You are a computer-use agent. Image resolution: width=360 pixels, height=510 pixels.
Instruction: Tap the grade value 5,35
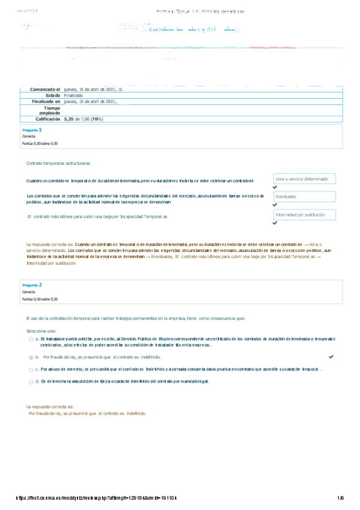pyautogui.click(x=71, y=120)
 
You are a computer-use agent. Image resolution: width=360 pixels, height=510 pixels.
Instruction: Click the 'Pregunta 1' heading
pyautogui.click(x=32, y=130)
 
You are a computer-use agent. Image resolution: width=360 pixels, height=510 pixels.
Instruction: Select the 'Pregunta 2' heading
pyautogui.click(x=32, y=284)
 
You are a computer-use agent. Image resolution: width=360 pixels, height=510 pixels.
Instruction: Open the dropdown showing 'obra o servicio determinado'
pyautogui.click(x=304, y=179)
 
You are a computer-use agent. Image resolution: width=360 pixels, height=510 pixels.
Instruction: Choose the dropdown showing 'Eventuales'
pyautogui.click(x=304, y=197)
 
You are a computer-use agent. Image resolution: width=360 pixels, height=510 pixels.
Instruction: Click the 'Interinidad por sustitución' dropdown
pyautogui.click(x=304, y=215)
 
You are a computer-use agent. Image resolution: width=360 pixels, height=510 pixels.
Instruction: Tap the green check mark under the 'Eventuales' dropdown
pyautogui.click(x=275, y=204)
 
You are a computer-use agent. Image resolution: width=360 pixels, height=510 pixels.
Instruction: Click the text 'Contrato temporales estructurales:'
pyautogui.click(x=58, y=164)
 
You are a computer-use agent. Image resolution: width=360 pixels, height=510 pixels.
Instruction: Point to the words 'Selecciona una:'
pyautogui.click(x=41, y=331)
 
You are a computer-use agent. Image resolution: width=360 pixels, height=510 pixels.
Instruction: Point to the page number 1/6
pyautogui.click(x=340, y=497)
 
